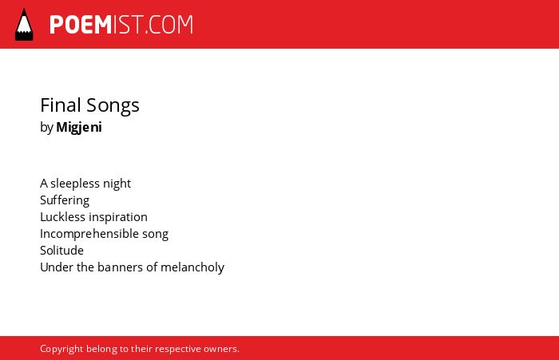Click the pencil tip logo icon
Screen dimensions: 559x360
24,25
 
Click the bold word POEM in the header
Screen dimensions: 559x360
81,25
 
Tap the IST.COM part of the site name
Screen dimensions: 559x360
153,25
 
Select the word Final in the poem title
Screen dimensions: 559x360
61,105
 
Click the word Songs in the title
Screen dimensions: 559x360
113,107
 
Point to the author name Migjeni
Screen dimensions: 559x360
79,127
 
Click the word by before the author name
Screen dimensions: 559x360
46,128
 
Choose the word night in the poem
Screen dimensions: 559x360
117,184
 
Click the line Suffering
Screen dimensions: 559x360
65,200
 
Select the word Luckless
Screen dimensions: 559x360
63,216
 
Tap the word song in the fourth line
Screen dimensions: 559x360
155,235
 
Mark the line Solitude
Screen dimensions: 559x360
61,250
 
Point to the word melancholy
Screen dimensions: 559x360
192,267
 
